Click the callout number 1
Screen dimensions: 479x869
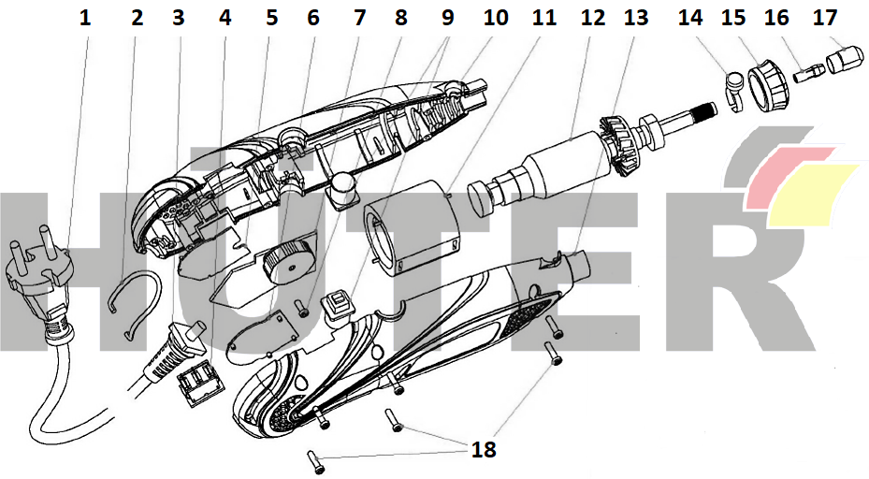tap(86, 16)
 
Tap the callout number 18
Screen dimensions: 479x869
tap(484, 449)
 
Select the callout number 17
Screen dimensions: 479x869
tap(826, 16)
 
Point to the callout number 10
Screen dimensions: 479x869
tap(495, 16)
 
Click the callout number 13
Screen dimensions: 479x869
tap(635, 16)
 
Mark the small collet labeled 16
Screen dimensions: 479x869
tap(808, 71)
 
